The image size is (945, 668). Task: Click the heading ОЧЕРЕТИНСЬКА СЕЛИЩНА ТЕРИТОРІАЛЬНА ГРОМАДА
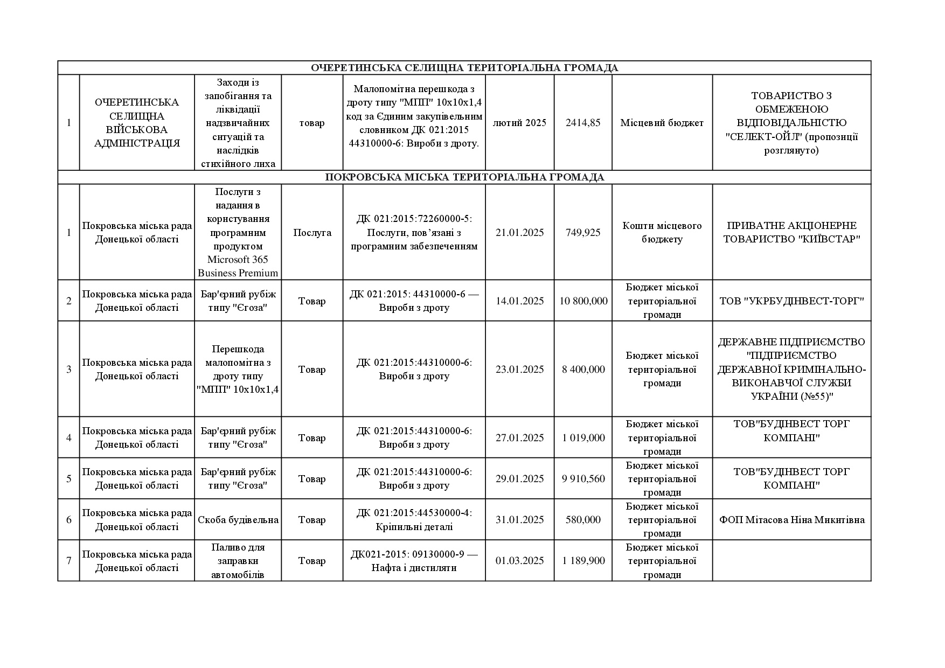click(464, 68)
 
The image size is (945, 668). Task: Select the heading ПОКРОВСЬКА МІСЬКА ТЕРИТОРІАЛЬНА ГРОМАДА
click(464, 177)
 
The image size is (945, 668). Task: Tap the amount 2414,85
click(583, 123)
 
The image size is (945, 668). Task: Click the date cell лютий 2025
click(519, 123)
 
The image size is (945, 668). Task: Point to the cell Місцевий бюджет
click(662, 123)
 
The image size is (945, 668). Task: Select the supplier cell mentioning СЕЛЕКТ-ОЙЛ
click(791, 123)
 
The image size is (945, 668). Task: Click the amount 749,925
click(583, 232)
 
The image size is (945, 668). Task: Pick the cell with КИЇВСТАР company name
click(791, 232)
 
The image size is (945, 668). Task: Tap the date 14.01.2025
click(519, 301)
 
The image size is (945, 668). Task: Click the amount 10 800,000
click(583, 301)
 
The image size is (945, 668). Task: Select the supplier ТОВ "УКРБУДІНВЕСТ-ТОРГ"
click(791, 301)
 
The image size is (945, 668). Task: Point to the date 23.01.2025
click(519, 369)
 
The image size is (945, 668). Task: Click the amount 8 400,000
click(583, 369)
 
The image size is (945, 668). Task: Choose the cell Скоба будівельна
click(238, 520)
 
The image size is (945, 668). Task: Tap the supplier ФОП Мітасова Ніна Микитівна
click(791, 520)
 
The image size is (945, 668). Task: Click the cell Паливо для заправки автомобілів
click(238, 561)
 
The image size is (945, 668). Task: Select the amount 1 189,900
click(583, 561)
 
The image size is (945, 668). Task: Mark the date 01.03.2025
click(519, 561)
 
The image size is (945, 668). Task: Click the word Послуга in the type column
click(312, 232)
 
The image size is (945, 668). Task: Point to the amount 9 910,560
click(583, 478)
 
